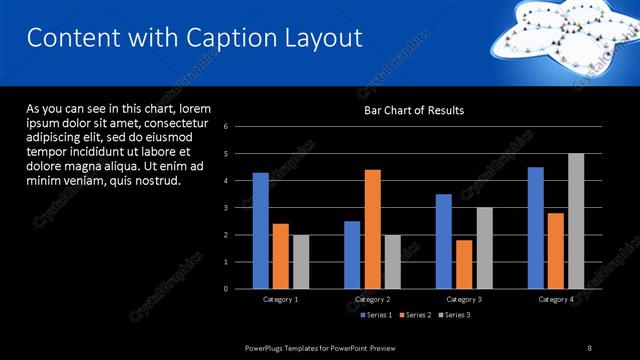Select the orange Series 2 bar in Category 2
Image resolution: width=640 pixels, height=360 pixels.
[x=372, y=229]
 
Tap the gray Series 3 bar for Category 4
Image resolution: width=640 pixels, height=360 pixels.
[x=575, y=221]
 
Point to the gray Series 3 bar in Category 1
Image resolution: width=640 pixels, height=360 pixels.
[x=301, y=262]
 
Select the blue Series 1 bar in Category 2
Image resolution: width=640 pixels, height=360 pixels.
[x=352, y=255]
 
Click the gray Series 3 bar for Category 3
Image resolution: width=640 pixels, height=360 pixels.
[x=483, y=248]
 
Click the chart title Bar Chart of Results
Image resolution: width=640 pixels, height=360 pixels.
[x=413, y=110]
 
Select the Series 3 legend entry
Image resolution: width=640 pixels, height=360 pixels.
[x=455, y=315]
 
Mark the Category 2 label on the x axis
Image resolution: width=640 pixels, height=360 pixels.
[x=372, y=300]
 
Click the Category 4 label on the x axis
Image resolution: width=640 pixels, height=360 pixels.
[x=555, y=300]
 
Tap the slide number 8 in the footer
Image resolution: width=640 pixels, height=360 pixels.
[x=589, y=347]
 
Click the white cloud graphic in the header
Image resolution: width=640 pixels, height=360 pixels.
[x=560, y=30]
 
